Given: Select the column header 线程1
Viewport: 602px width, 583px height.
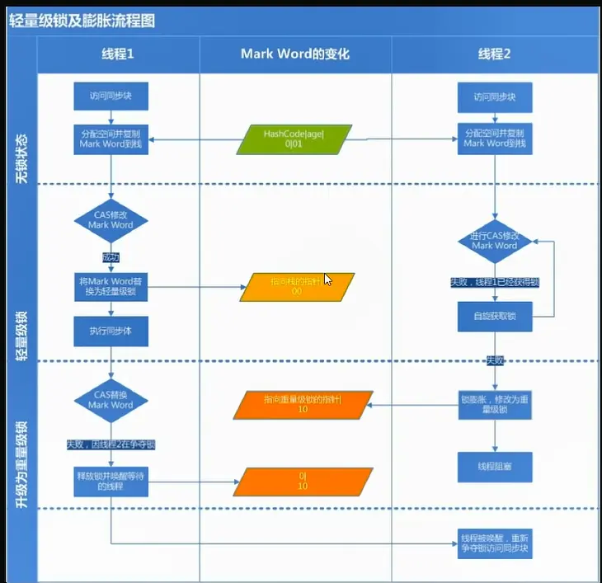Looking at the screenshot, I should (x=117, y=54).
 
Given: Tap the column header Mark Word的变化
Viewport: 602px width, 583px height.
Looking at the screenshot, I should (x=295, y=54).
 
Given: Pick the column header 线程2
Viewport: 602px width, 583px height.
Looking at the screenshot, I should (x=495, y=54).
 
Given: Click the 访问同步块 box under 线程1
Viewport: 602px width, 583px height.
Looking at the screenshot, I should (x=111, y=96).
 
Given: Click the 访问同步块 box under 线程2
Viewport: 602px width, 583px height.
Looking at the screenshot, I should (x=495, y=96).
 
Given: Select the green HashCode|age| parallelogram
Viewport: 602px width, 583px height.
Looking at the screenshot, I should (x=295, y=139).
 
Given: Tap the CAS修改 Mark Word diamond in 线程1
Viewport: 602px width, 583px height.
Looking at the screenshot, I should (x=111, y=219).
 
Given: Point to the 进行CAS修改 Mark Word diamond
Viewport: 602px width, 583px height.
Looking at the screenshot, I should (x=495, y=240).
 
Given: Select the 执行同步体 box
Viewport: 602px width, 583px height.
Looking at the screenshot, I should (x=111, y=331).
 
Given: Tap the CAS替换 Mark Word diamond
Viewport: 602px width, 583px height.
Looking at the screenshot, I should (x=111, y=400).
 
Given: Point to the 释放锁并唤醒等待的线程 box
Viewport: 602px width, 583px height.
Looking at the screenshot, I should (x=111, y=482).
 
